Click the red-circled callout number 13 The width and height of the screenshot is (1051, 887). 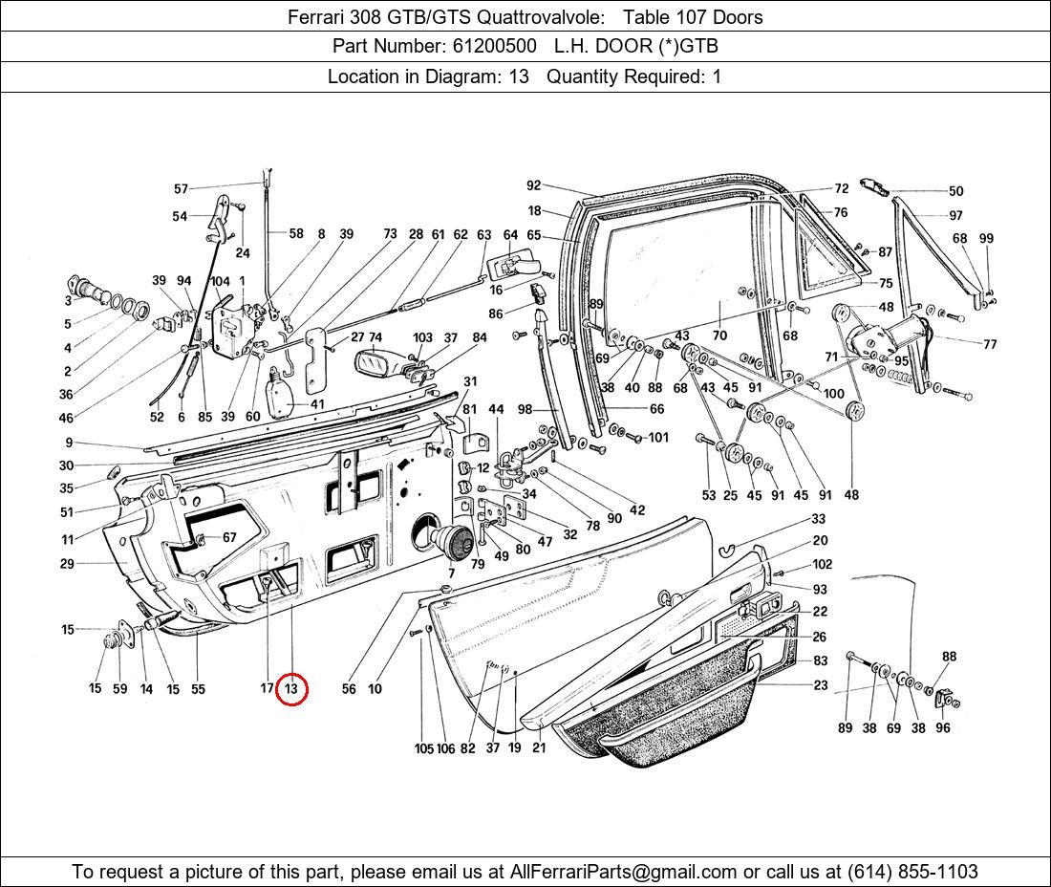[291, 688]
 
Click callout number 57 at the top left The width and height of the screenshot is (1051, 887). [181, 189]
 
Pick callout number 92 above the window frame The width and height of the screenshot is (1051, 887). [533, 186]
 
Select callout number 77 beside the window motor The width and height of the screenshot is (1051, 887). [989, 344]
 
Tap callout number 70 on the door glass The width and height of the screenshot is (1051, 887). [719, 335]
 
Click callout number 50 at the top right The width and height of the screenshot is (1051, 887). [955, 191]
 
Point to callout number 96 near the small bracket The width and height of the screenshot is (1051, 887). [943, 727]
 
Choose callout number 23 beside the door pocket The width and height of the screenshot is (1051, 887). [821, 685]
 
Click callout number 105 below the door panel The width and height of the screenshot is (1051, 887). [423, 748]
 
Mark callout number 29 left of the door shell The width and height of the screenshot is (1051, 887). [67, 564]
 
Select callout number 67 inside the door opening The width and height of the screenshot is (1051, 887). [229, 538]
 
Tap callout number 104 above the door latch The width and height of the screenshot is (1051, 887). [220, 281]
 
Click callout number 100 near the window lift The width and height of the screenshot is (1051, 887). [833, 394]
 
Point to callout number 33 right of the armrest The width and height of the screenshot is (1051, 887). [819, 519]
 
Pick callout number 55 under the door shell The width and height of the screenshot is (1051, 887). [198, 688]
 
